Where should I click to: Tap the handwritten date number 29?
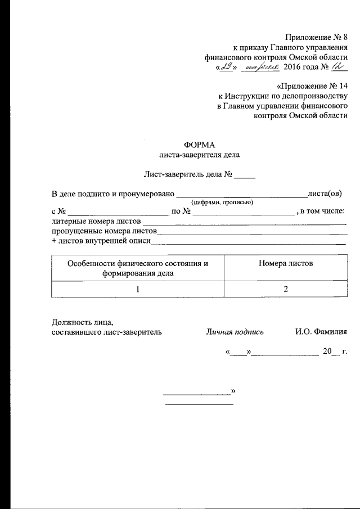click(x=226, y=67)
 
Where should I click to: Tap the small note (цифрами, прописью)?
click(x=223, y=202)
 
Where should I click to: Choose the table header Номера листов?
click(x=286, y=263)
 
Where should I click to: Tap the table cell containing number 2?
click(x=286, y=289)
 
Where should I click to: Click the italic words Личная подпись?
click(x=233, y=332)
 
